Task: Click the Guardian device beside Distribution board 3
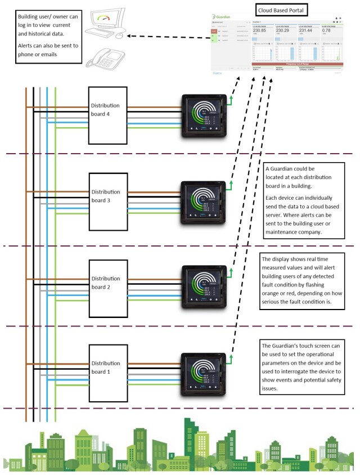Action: tap(202, 203)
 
